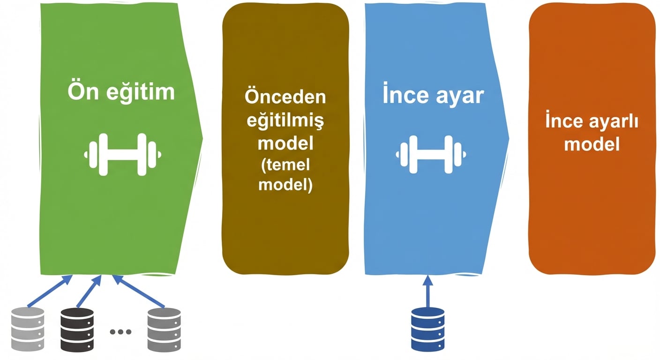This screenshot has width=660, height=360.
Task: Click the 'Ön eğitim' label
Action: pos(121,92)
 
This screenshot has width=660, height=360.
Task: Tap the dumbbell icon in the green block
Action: pos(122,154)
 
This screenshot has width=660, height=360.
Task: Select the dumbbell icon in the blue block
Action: pos(431,154)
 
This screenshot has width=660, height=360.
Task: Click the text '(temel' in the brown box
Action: pos(285,165)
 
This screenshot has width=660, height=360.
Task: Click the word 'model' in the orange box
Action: pos(592,144)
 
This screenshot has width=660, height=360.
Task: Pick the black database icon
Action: pos(77,330)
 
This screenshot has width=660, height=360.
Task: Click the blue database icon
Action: pos(427,330)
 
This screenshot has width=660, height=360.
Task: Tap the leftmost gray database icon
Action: pos(28,329)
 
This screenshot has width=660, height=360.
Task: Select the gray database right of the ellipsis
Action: pos(164,330)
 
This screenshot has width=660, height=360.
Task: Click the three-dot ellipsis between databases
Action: pos(120,332)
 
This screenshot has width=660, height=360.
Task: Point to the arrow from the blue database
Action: pos(428,291)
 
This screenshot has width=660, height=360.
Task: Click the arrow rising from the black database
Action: pos(89,291)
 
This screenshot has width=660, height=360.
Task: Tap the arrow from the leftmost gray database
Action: pos(50,291)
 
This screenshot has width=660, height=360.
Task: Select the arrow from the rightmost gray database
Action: pos(138,291)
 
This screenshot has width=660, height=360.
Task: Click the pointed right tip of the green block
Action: pos(202,138)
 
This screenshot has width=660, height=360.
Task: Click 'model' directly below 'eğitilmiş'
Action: pos(285,143)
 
